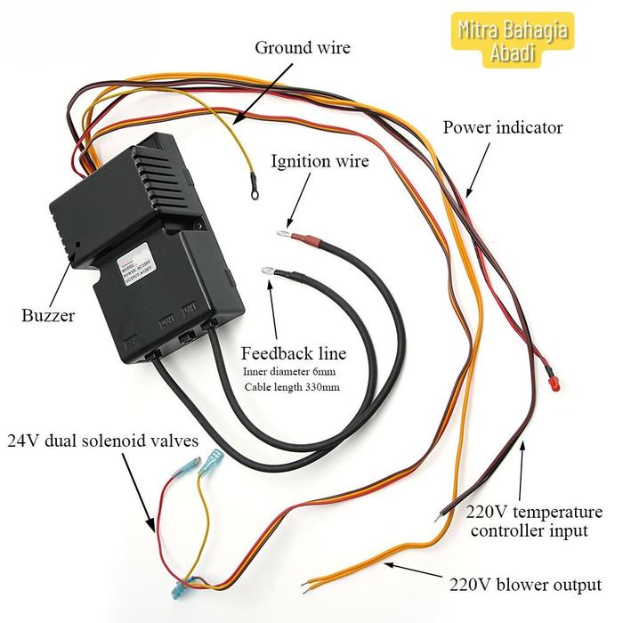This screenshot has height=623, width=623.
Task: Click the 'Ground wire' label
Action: pos(303,47)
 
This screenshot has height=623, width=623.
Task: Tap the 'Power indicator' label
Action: pos(503,127)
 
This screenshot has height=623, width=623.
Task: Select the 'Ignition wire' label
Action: pos(320,161)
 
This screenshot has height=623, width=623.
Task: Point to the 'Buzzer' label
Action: pos(48,315)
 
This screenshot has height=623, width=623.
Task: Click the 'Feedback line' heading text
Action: pos(294,352)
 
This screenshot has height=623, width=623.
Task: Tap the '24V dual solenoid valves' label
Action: pos(103,441)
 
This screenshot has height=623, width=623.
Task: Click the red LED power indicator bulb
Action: pos(553,384)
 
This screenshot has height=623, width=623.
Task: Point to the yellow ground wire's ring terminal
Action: pos(255,187)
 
